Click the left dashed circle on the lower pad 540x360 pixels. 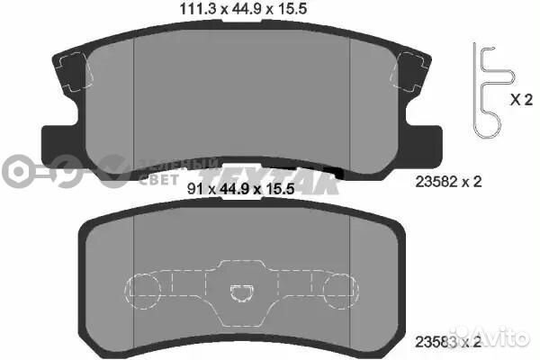(x=146, y=289)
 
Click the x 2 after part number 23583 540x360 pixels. (x=475, y=342)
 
